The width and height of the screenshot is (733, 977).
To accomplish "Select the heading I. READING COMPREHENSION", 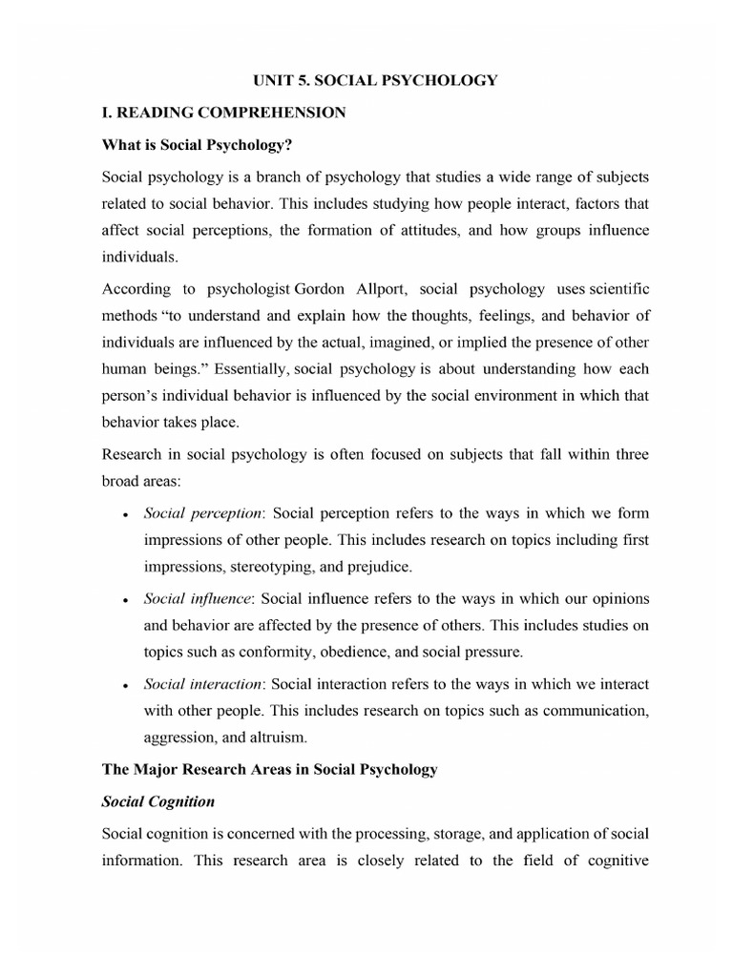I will coord(223,113).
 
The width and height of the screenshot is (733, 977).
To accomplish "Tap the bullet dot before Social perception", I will coord(126,513).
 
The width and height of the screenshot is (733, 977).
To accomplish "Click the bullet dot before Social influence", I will coord(126,599).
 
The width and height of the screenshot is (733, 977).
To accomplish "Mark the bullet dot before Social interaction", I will coord(126,685).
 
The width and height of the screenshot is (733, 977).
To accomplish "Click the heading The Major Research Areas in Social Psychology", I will coord(269,769).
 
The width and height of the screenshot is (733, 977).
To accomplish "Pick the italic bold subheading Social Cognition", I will coord(157,802).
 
